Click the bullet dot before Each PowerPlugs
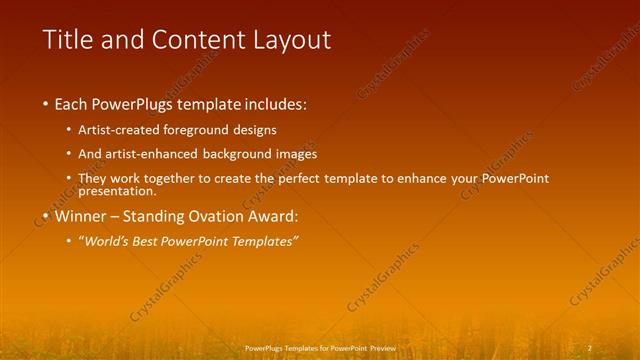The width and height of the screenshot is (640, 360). pos(46,104)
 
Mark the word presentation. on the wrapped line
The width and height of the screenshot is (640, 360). pos(117,190)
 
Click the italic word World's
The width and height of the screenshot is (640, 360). pos(111,242)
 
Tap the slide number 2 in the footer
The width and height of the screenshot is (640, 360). pos(589,347)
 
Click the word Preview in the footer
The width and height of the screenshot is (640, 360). pos(381,348)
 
